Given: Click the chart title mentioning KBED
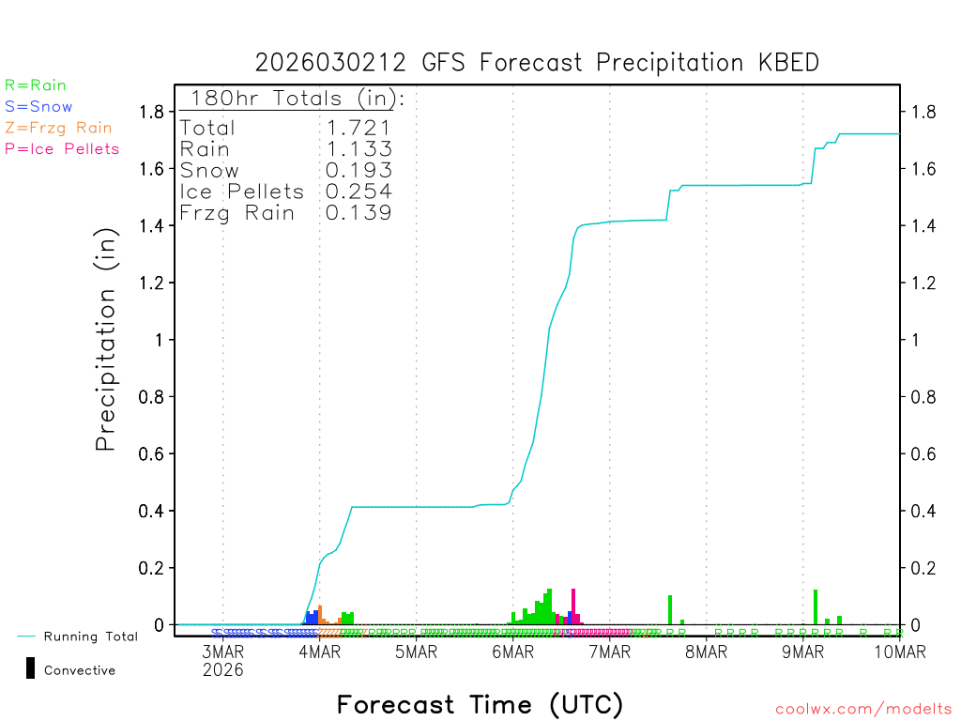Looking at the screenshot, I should [537, 63].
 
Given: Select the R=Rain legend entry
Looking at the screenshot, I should [36, 85].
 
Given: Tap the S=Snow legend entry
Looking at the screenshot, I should [38, 107].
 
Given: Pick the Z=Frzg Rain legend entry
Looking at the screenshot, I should [58, 128].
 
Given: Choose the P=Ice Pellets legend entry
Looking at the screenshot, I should [62, 148].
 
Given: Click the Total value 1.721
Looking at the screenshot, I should [358, 128].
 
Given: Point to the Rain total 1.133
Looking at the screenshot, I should [358, 148].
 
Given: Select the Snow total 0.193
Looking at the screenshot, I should [358, 170].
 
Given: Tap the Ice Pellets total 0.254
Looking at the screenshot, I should [358, 192].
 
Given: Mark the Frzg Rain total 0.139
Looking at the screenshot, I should [358, 213].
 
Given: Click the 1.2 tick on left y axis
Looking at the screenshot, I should [152, 283].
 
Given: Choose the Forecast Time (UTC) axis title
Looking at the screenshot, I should [480, 704].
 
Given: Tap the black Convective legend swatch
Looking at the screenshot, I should [30, 668].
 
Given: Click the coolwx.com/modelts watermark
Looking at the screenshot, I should [863, 710].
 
